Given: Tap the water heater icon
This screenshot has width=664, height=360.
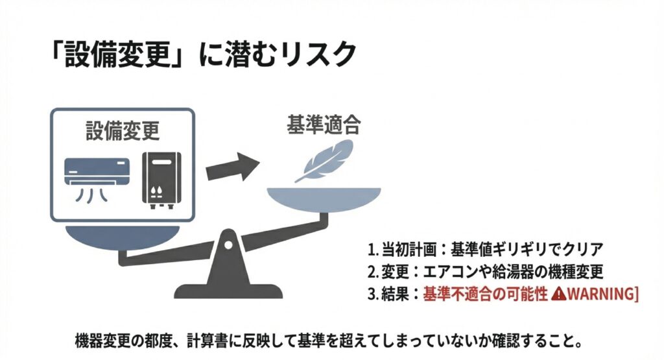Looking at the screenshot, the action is [x=161, y=181].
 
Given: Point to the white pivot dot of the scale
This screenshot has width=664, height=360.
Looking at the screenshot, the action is [x=228, y=245].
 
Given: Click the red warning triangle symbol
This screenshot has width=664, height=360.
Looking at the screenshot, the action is [x=559, y=293].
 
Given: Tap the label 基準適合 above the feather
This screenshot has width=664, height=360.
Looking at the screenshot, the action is [x=324, y=125].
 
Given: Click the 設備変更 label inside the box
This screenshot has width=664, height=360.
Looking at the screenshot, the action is [x=123, y=130].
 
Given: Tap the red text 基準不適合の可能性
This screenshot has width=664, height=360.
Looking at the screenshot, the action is [x=486, y=294].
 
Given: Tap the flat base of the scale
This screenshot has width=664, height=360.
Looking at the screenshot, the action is [x=228, y=291].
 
